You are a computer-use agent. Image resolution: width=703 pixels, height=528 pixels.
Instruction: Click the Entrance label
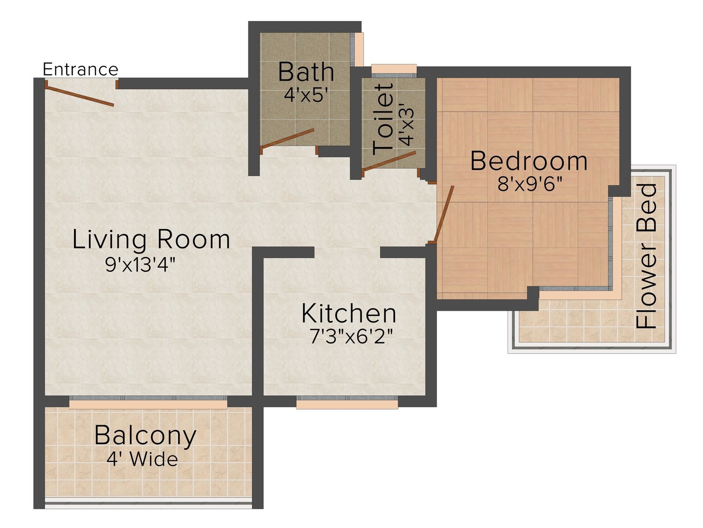81,69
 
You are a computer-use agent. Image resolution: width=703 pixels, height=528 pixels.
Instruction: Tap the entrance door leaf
79,96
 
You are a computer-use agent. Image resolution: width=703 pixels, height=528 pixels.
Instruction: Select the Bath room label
306,72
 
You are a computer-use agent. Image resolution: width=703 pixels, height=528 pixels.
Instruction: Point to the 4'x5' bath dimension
306,95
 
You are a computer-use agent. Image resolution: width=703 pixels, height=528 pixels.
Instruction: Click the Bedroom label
529,161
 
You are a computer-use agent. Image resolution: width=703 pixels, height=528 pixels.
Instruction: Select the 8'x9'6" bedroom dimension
530,184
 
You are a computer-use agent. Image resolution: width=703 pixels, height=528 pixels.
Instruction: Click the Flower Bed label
646,256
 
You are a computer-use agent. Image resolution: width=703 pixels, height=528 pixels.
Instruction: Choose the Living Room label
151,239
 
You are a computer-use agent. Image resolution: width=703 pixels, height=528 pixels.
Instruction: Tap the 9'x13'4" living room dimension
140,265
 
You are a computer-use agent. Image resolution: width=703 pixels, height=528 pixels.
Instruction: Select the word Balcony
145,436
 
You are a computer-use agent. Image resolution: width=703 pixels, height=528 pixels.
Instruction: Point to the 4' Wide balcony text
142,459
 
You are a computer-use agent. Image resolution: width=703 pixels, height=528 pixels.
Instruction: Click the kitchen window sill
347,405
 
